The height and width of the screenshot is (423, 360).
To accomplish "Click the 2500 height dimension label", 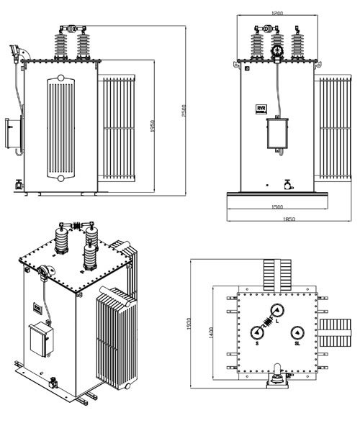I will [186, 108].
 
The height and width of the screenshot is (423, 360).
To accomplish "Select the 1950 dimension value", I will [153, 127].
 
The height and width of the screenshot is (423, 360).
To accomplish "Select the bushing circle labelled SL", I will [296, 332].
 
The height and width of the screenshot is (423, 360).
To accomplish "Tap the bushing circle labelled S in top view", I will [256, 332].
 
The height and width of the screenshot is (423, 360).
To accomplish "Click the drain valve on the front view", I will [288, 184].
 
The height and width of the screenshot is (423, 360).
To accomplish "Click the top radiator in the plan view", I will [276, 273].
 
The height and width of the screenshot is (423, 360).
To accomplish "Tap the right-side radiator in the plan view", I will [336, 332].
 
